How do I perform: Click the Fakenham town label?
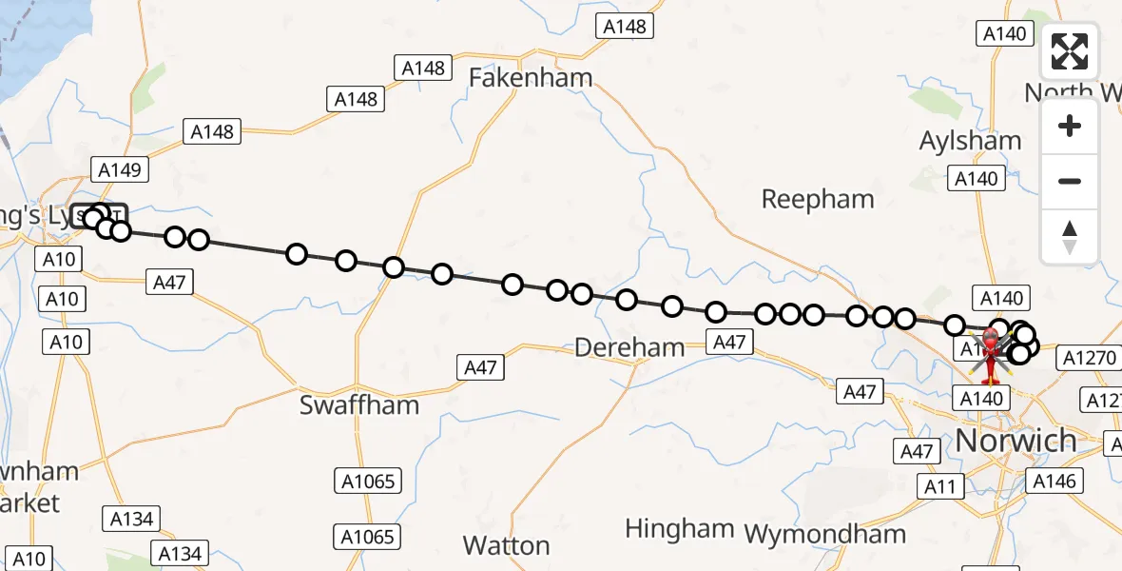[x=532, y=77]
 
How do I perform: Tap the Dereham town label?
[x=629, y=347]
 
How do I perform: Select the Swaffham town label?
[x=359, y=404]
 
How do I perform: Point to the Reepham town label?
[x=818, y=200]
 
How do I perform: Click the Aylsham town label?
[x=970, y=141]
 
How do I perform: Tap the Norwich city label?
[x=1016, y=441]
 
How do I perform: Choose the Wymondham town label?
[x=825, y=534]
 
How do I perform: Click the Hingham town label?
[x=680, y=528]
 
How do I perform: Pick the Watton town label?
[x=506, y=545]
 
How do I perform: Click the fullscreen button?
[x=1070, y=51]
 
